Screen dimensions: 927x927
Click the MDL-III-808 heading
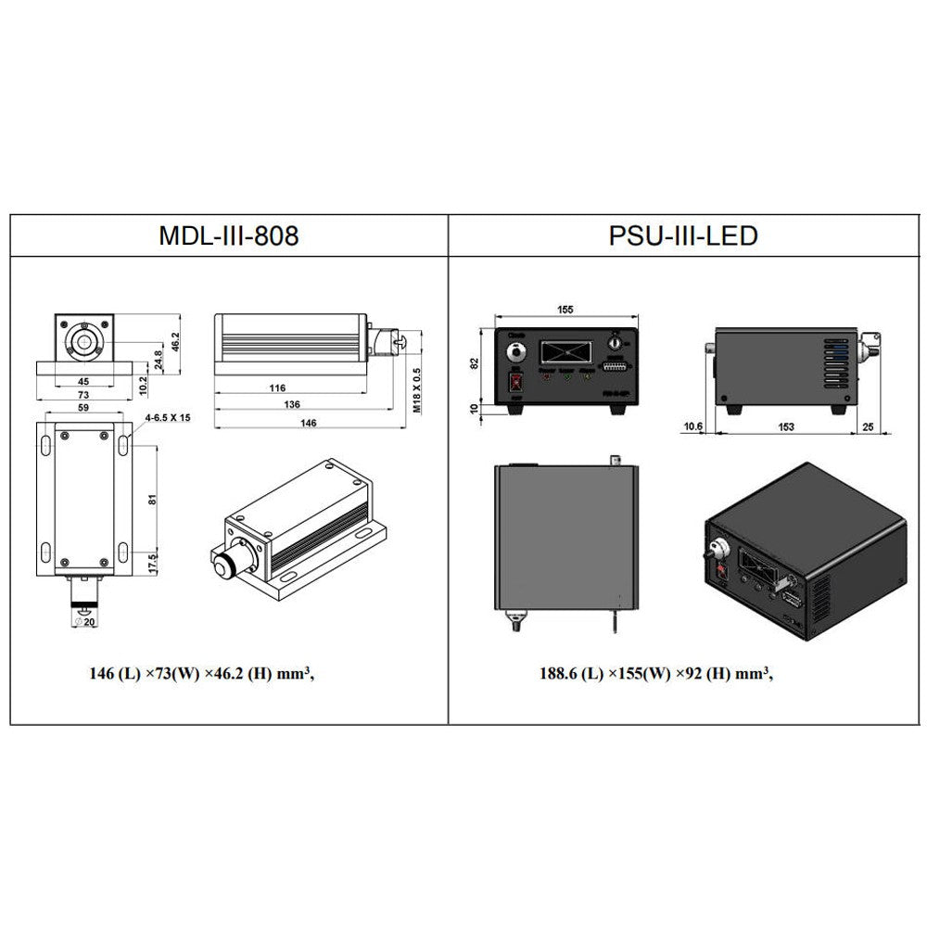228,236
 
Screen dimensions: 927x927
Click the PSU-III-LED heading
683,236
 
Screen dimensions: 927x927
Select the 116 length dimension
277,389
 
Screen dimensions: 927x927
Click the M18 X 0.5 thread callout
416,389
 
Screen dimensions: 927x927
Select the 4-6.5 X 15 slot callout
168,418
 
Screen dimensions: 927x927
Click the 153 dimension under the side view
786,427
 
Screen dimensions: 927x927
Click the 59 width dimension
83,406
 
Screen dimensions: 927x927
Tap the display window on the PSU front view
568,352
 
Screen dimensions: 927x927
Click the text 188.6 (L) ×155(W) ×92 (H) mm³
656,674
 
